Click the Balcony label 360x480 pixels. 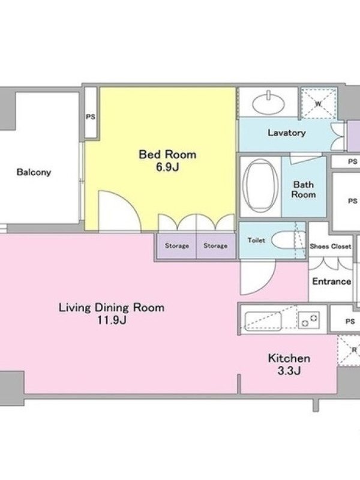tap(34, 172)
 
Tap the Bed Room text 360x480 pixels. tap(167, 154)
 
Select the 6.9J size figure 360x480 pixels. tap(167, 167)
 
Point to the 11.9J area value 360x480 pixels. tap(112, 320)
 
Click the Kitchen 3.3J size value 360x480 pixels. tap(289, 371)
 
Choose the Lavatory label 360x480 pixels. tap(287, 133)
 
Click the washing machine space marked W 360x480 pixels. tap(319, 103)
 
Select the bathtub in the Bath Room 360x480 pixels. tap(260, 185)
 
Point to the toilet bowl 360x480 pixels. tap(283, 240)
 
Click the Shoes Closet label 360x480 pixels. tap(331, 246)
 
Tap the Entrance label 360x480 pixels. tap(332, 281)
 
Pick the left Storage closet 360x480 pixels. tap(176, 246)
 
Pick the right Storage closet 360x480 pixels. tap(215, 246)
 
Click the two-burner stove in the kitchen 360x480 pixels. tap(309, 320)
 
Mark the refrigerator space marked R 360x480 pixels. tap(349, 350)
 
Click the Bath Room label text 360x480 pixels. tap(304, 190)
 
